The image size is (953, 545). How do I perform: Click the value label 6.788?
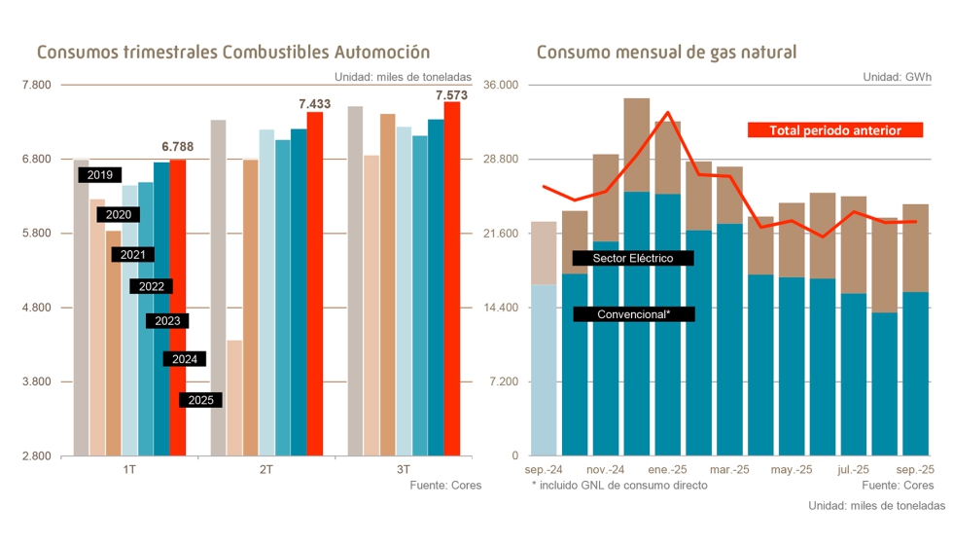pos(177,147)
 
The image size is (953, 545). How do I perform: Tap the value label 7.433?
pos(315,103)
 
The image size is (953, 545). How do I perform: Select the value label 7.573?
pos(452,94)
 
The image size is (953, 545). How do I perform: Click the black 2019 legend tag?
pos(99,175)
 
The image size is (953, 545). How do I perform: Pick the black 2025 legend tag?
pos(201,400)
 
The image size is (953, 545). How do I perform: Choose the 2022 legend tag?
pos(151,286)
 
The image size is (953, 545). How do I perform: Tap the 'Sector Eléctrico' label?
pos(634,258)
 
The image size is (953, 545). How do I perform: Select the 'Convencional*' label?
pos(634,314)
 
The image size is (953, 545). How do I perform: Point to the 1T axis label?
pos(129,469)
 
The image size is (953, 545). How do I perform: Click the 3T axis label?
pos(403,469)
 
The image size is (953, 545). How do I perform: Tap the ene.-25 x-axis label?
pos(668,469)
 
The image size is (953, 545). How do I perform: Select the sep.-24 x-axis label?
pos(544,469)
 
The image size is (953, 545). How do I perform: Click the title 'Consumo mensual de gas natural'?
pos(666,52)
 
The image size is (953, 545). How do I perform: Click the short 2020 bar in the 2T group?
pos(234,397)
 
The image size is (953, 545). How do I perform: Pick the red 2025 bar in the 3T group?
pos(452,278)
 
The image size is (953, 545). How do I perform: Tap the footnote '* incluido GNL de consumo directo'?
pos(619,485)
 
